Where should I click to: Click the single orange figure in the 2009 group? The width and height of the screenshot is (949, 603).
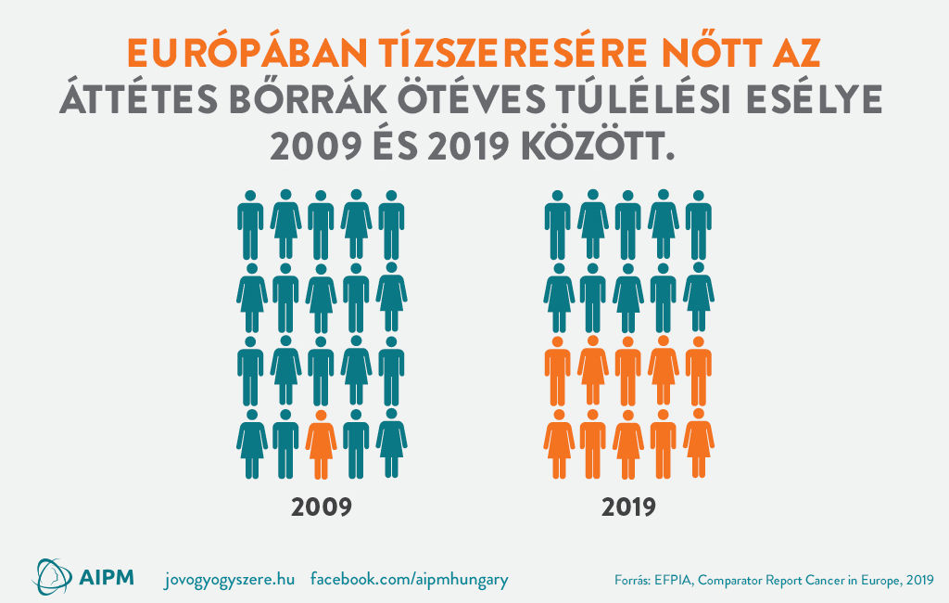coord(321,444)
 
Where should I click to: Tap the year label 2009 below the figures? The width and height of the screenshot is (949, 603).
coord(321,507)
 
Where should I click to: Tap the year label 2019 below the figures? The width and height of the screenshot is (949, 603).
coord(628,507)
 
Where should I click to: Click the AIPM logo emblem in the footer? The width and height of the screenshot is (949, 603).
coord(53,576)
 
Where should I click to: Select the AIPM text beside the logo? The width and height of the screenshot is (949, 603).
coord(106,577)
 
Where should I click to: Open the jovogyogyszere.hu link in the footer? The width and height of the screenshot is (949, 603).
coord(228,579)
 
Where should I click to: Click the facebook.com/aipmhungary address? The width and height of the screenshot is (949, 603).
coord(409,579)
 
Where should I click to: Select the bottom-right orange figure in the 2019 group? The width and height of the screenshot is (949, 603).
coord(699,444)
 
